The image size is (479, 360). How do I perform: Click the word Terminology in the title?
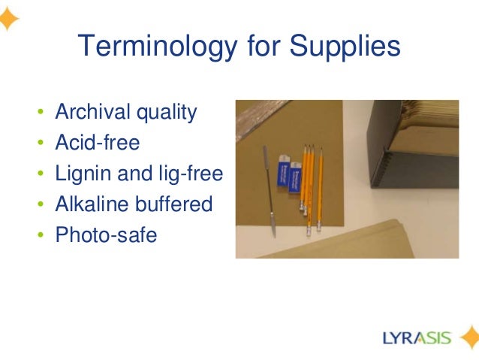point(149,49)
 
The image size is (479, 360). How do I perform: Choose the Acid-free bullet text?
point(98,144)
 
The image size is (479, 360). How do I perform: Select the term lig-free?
point(191,174)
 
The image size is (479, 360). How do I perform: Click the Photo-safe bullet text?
point(106,235)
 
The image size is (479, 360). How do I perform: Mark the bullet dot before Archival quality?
point(41,114)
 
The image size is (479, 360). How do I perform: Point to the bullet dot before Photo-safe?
point(41,236)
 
